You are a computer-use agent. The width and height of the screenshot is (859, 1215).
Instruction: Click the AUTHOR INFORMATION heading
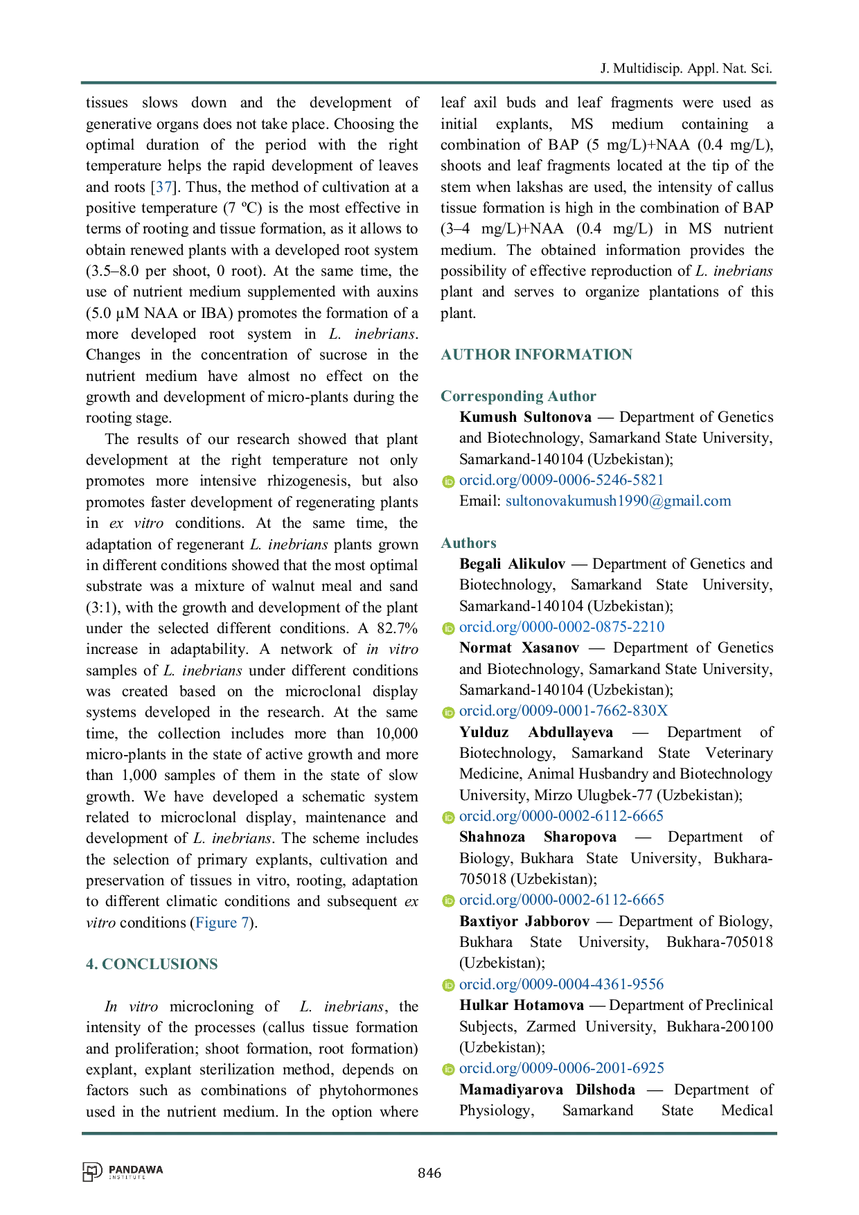[x=536, y=353]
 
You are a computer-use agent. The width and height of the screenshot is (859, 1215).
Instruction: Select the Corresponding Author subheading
[x=517, y=397]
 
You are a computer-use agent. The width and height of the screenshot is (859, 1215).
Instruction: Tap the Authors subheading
[x=468, y=542]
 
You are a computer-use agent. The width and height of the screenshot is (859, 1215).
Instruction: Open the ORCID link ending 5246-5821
[x=562, y=480]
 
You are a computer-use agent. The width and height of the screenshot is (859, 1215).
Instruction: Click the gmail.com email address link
[x=618, y=501]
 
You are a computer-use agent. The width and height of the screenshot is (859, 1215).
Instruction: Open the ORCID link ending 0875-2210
[x=562, y=628]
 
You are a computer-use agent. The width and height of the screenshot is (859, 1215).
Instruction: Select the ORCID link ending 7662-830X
[x=564, y=711]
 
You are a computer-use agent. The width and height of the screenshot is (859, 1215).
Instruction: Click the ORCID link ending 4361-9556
[x=562, y=984]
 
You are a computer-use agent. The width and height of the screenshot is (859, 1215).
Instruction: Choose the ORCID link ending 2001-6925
[x=562, y=1068]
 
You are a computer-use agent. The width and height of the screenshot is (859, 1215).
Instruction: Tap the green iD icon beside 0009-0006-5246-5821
[x=448, y=481]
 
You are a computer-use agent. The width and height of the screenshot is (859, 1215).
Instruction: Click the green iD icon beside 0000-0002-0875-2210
[x=448, y=628]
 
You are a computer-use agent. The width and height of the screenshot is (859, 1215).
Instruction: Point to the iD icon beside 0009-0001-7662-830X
[x=448, y=712]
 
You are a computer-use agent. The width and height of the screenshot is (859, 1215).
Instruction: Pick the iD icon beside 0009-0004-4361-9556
[x=448, y=985]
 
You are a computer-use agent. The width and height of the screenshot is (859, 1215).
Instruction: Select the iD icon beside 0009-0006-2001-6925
[x=448, y=1069]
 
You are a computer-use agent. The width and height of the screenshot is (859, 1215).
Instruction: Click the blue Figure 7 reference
[x=222, y=923]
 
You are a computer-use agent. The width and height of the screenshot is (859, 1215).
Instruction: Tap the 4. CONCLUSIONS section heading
[x=152, y=962]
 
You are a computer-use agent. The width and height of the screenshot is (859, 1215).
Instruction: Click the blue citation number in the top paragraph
[x=163, y=186]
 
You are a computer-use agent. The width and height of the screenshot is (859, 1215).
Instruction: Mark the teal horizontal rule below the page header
[x=429, y=83]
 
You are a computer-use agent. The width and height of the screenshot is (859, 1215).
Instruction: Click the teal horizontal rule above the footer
[x=429, y=1133]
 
